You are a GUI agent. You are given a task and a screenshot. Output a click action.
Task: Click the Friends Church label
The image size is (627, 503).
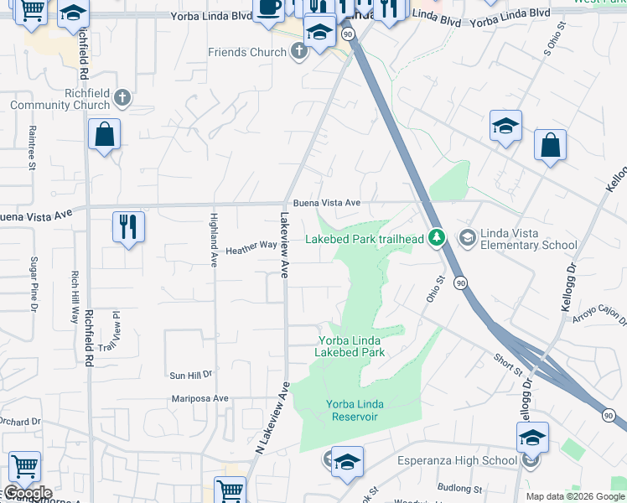click(x=247, y=53)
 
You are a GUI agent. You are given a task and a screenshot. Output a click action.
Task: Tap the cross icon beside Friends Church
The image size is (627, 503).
click(x=299, y=52)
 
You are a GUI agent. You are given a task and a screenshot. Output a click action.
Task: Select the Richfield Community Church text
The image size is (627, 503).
click(x=60, y=100)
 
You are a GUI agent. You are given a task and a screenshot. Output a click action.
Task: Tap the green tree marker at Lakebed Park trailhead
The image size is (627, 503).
click(x=436, y=239)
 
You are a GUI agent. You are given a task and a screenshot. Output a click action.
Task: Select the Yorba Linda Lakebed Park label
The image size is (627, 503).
click(x=350, y=346)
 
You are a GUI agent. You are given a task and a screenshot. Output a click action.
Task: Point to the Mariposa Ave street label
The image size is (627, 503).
click(x=199, y=399)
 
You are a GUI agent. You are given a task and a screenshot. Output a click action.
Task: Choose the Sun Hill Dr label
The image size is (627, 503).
click(x=191, y=375)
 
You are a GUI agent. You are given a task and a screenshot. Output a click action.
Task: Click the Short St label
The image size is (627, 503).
click(x=507, y=364)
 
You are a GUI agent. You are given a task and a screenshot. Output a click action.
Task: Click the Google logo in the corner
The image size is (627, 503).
click(x=27, y=493)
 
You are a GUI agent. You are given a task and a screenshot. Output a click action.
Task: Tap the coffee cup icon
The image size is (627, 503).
click(x=269, y=8)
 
